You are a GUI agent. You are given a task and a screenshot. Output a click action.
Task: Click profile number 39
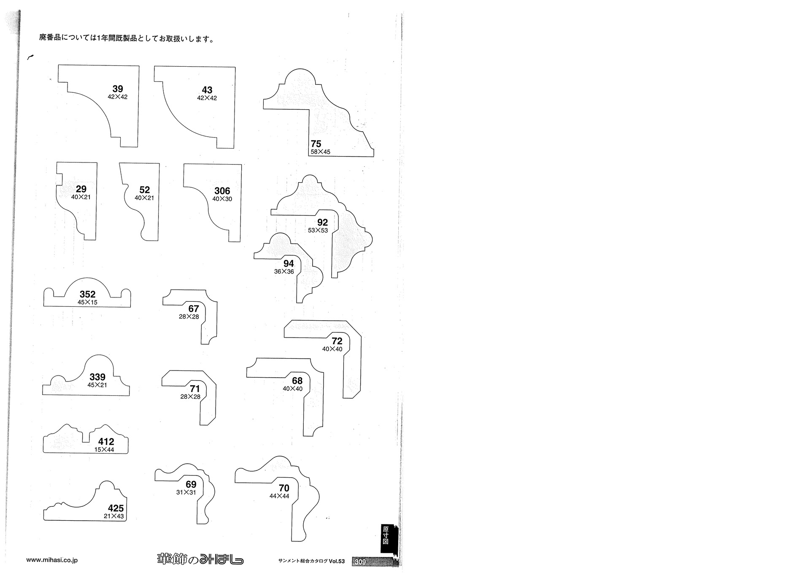tap(118, 89)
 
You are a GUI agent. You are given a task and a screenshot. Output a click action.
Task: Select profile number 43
tap(207, 90)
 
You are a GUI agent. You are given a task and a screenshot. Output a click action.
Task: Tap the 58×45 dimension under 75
tap(321, 151)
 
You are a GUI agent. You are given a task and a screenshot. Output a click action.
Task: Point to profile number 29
tap(81, 189)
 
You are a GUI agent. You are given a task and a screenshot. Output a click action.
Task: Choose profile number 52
tap(144, 190)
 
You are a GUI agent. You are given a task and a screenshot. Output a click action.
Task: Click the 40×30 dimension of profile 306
tap(222, 199)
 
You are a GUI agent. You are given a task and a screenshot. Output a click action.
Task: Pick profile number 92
tap(323, 222)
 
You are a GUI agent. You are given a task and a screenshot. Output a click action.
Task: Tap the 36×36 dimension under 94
tap(284, 271)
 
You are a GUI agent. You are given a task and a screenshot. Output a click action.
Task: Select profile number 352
tap(88, 294)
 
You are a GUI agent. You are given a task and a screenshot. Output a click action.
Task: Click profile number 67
tap(194, 309)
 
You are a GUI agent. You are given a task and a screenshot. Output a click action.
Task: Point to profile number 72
tap(337, 341)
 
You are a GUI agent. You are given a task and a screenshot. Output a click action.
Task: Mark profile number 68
tap(297, 381)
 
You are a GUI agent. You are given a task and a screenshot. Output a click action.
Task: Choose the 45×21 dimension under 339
tap(97, 385)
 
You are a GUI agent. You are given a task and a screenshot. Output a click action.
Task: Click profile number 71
tap(195, 389)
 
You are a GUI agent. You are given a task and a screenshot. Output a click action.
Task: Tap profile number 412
tap(106, 442)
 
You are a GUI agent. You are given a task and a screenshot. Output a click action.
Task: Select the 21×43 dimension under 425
tap(114, 516)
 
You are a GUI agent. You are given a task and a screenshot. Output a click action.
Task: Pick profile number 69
tap(191, 484)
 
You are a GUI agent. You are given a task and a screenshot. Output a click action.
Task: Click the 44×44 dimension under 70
tap(279, 496)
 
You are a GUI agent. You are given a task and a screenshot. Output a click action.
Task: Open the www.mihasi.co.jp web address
tap(52, 560)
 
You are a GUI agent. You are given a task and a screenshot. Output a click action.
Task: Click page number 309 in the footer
tap(360, 562)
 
